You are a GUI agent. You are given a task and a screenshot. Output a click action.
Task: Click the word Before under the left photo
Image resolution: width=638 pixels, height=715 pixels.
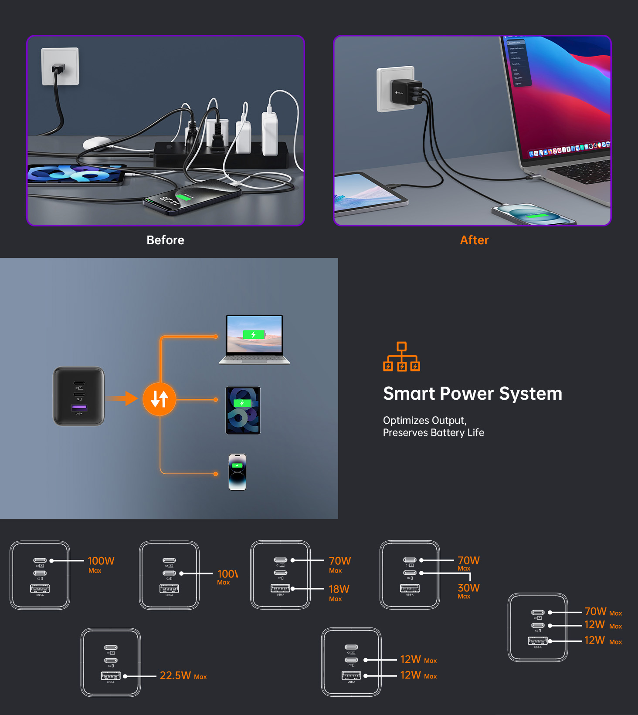(165, 240)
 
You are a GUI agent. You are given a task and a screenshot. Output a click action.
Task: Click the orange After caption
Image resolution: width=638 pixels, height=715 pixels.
(474, 240)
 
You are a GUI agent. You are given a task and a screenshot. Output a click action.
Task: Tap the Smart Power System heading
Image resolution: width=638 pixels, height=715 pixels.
(472, 394)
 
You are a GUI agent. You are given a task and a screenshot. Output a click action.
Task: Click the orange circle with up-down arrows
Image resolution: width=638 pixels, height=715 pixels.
(159, 399)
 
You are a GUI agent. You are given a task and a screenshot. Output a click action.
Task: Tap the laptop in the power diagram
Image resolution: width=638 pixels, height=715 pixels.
(255, 339)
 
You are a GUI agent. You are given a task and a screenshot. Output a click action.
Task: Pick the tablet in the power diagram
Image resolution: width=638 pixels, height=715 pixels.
(243, 410)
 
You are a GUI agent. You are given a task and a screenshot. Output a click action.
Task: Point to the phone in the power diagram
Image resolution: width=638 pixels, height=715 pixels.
(238, 472)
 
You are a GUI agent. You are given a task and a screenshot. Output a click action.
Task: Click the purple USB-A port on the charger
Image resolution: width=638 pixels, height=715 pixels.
(79, 408)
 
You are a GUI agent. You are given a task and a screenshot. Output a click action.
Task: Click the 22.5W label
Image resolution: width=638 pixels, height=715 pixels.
(175, 675)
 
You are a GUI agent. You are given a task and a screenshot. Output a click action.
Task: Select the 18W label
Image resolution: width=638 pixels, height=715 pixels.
(339, 589)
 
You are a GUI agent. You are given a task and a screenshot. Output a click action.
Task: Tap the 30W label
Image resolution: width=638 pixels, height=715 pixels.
(468, 588)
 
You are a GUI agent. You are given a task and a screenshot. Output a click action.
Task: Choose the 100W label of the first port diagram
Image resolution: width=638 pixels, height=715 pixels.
(101, 561)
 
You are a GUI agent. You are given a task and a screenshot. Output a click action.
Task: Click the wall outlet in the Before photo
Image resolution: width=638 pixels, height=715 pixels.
(60, 66)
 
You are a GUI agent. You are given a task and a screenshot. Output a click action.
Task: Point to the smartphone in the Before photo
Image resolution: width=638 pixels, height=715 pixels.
(192, 198)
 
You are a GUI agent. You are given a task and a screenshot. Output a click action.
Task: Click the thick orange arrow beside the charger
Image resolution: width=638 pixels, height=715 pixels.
(122, 398)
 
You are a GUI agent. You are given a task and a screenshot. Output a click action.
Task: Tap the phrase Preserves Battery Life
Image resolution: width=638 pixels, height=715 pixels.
(433, 432)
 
